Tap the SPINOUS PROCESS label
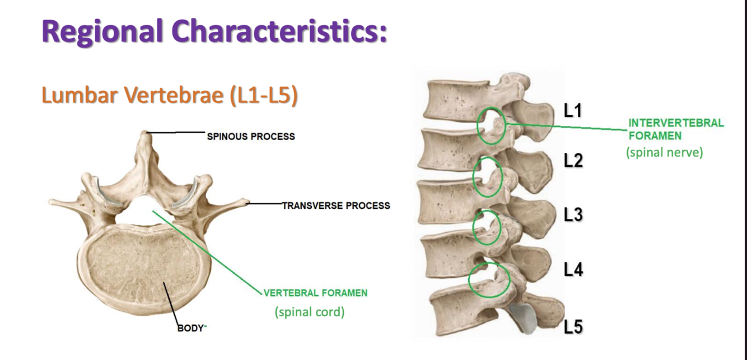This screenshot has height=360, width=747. pyautogui.click(x=251, y=136)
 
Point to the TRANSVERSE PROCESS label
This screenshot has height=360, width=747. pyautogui.click(x=335, y=205)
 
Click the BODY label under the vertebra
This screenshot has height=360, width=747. pyautogui.click(x=191, y=328)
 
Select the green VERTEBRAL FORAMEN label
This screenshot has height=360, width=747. pyautogui.click(x=315, y=293)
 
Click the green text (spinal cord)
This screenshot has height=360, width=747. pyautogui.click(x=309, y=312)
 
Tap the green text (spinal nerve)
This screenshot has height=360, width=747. pyautogui.click(x=664, y=152)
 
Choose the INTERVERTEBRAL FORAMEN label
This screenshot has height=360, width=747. pyautogui.click(x=675, y=129)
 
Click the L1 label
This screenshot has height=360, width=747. pyautogui.click(x=573, y=111)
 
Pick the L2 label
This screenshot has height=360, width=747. pyautogui.click(x=573, y=161)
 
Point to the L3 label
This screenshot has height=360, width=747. pyautogui.click(x=573, y=214)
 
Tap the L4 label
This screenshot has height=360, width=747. pyautogui.click(x=573, y=270)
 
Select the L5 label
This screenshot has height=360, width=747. pyautogui.click(x=573, y=326)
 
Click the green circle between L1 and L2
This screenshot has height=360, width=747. pyautogui.click(x=491, y=125)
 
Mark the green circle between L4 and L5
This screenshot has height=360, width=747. pyautogui.click(x=489, y=279)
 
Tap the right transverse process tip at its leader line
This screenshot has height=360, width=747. pyautogui.click(x=246, y=202)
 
